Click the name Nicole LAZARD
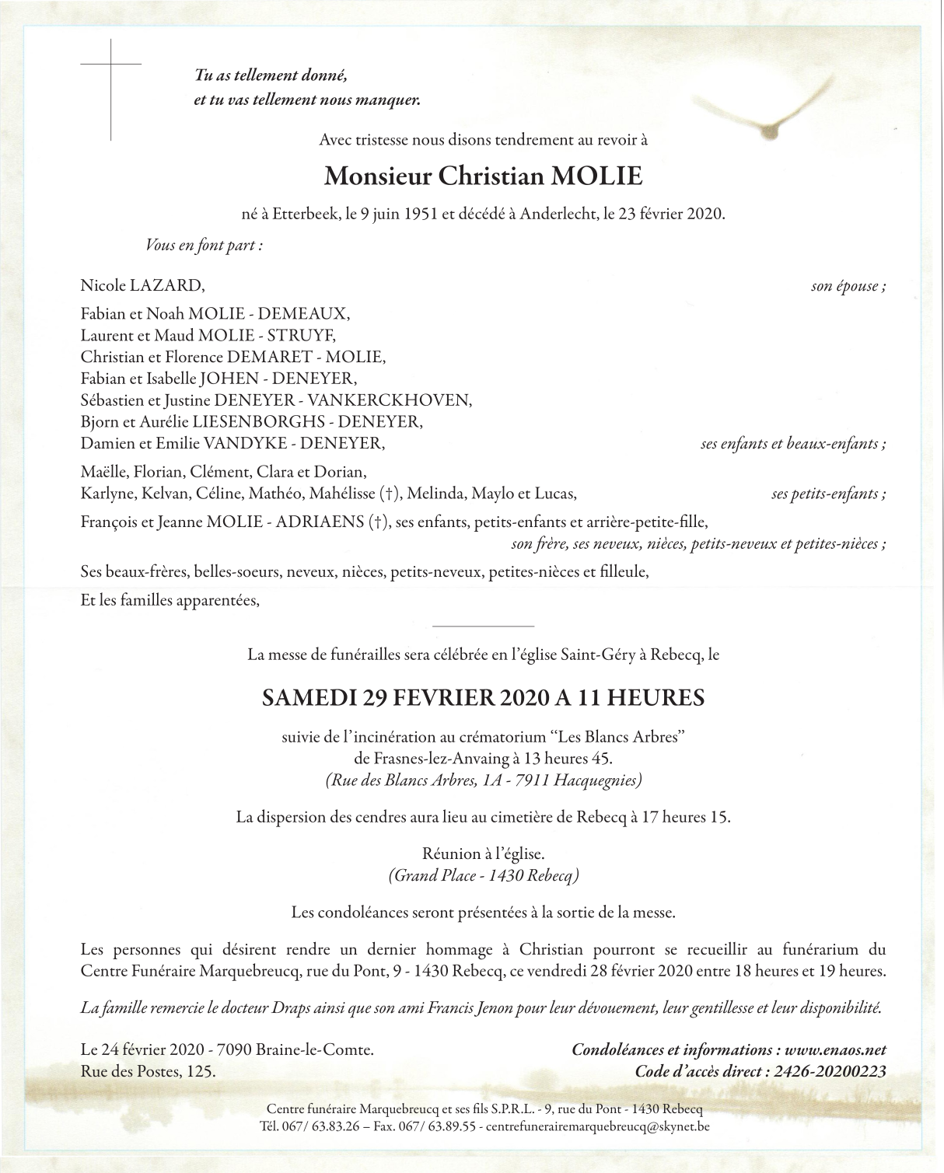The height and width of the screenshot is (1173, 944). point(142,286)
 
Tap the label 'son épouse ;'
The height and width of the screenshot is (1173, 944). point(848,286)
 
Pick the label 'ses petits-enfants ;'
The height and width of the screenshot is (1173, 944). point(828,494)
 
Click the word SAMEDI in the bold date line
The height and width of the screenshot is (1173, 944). point(309,698)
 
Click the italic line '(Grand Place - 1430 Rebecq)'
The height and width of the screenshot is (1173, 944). point(483,876)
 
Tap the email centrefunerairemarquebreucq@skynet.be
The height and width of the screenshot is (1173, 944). point(597,1126)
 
